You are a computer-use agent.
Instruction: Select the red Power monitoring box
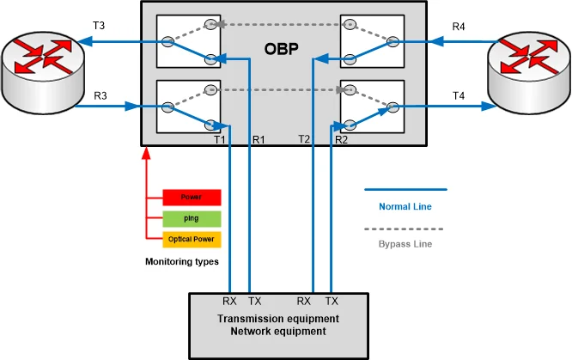(x=191, y=197)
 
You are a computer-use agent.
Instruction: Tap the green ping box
(x=191, y=218)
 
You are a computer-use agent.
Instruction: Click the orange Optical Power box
(x=191, y=239)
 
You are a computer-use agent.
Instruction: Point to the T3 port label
(x=99, y=27)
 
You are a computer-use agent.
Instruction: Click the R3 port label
(x=100, y=95)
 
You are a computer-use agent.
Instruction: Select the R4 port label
(x=460, y=27)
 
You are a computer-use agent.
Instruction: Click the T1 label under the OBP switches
(x=219, y=139)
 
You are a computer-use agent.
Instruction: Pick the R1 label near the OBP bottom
(x=259, y=139)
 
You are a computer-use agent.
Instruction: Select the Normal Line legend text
(x=405, y=206)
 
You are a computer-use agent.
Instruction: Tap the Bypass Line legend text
(x=405, y=245)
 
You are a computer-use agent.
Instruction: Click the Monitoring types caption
(x=182, y=261)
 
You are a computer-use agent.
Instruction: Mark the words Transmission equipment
(x=278, y=318)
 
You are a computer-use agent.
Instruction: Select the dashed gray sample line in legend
(x=405, y=229)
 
